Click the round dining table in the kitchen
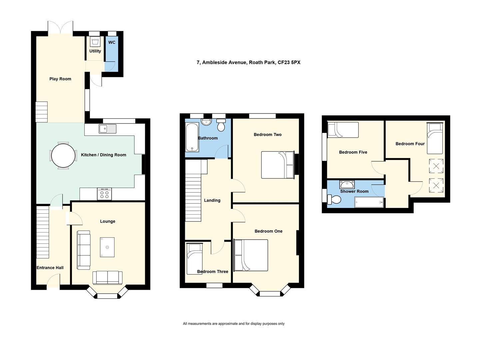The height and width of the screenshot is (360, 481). [63, 156]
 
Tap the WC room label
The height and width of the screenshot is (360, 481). [112, 42]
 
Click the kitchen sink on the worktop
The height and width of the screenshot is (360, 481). [107, 129]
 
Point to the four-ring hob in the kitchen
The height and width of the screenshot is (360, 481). [104, 194]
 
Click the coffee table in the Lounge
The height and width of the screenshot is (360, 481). [107, 247]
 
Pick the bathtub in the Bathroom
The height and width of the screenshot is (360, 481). [192, 137]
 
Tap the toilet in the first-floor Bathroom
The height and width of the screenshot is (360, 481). [221, 125]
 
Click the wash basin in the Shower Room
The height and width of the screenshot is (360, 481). [347, 185]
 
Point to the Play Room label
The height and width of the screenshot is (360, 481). [60, 79]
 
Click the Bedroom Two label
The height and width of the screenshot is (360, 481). [267, 135]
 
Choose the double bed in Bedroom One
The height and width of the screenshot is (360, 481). [251, 255]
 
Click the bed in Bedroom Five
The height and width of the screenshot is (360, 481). [343, 130]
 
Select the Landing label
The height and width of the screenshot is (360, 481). [212, 200]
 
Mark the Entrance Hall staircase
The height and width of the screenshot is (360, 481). [43, 232]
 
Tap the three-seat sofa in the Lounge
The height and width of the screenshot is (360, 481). [84, 250]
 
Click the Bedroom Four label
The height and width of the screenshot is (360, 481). [410, 144]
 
